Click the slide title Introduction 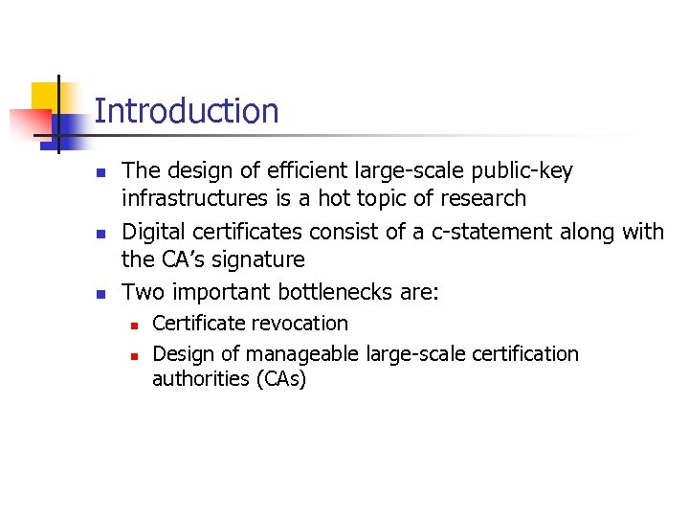click(x=187, y=111)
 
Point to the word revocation click(x=302, y=324)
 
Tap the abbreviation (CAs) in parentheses click(x=280, y=379)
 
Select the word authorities click(x=200, y=379)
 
